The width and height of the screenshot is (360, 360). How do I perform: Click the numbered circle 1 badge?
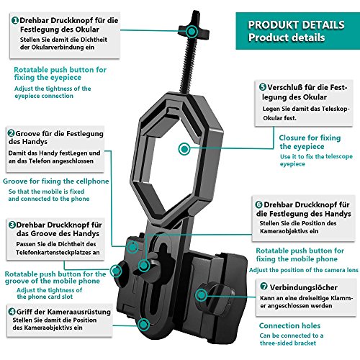tap(15, 20)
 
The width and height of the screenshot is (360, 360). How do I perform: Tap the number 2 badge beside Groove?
tap(11, 133)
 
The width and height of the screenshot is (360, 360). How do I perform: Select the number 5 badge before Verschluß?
tap(263, 87)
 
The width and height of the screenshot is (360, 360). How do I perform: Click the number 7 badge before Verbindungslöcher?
tap(264, 286)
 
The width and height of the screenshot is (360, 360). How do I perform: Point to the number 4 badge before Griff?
tap(12, 312)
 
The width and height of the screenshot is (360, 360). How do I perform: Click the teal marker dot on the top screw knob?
tap(192, 31)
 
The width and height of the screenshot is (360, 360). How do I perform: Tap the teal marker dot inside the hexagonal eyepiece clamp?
tap(184, 149)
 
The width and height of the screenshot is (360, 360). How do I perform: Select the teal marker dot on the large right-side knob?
tap(201, 294)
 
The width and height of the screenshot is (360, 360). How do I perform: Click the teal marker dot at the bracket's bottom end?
tap(143, 325)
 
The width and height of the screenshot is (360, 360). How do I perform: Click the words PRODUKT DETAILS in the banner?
tap(296, 25)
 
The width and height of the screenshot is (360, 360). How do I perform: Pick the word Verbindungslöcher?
tap(304, 287)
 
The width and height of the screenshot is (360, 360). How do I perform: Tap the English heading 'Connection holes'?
tap(289, 325)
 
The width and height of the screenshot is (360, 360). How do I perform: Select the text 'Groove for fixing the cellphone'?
tap(56, 181)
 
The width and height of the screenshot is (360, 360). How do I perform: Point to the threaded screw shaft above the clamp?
tap(189, 65)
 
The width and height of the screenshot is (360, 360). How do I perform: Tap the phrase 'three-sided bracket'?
tap(288, 343)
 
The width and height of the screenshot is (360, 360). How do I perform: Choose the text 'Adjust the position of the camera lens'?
tap(304, 270)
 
